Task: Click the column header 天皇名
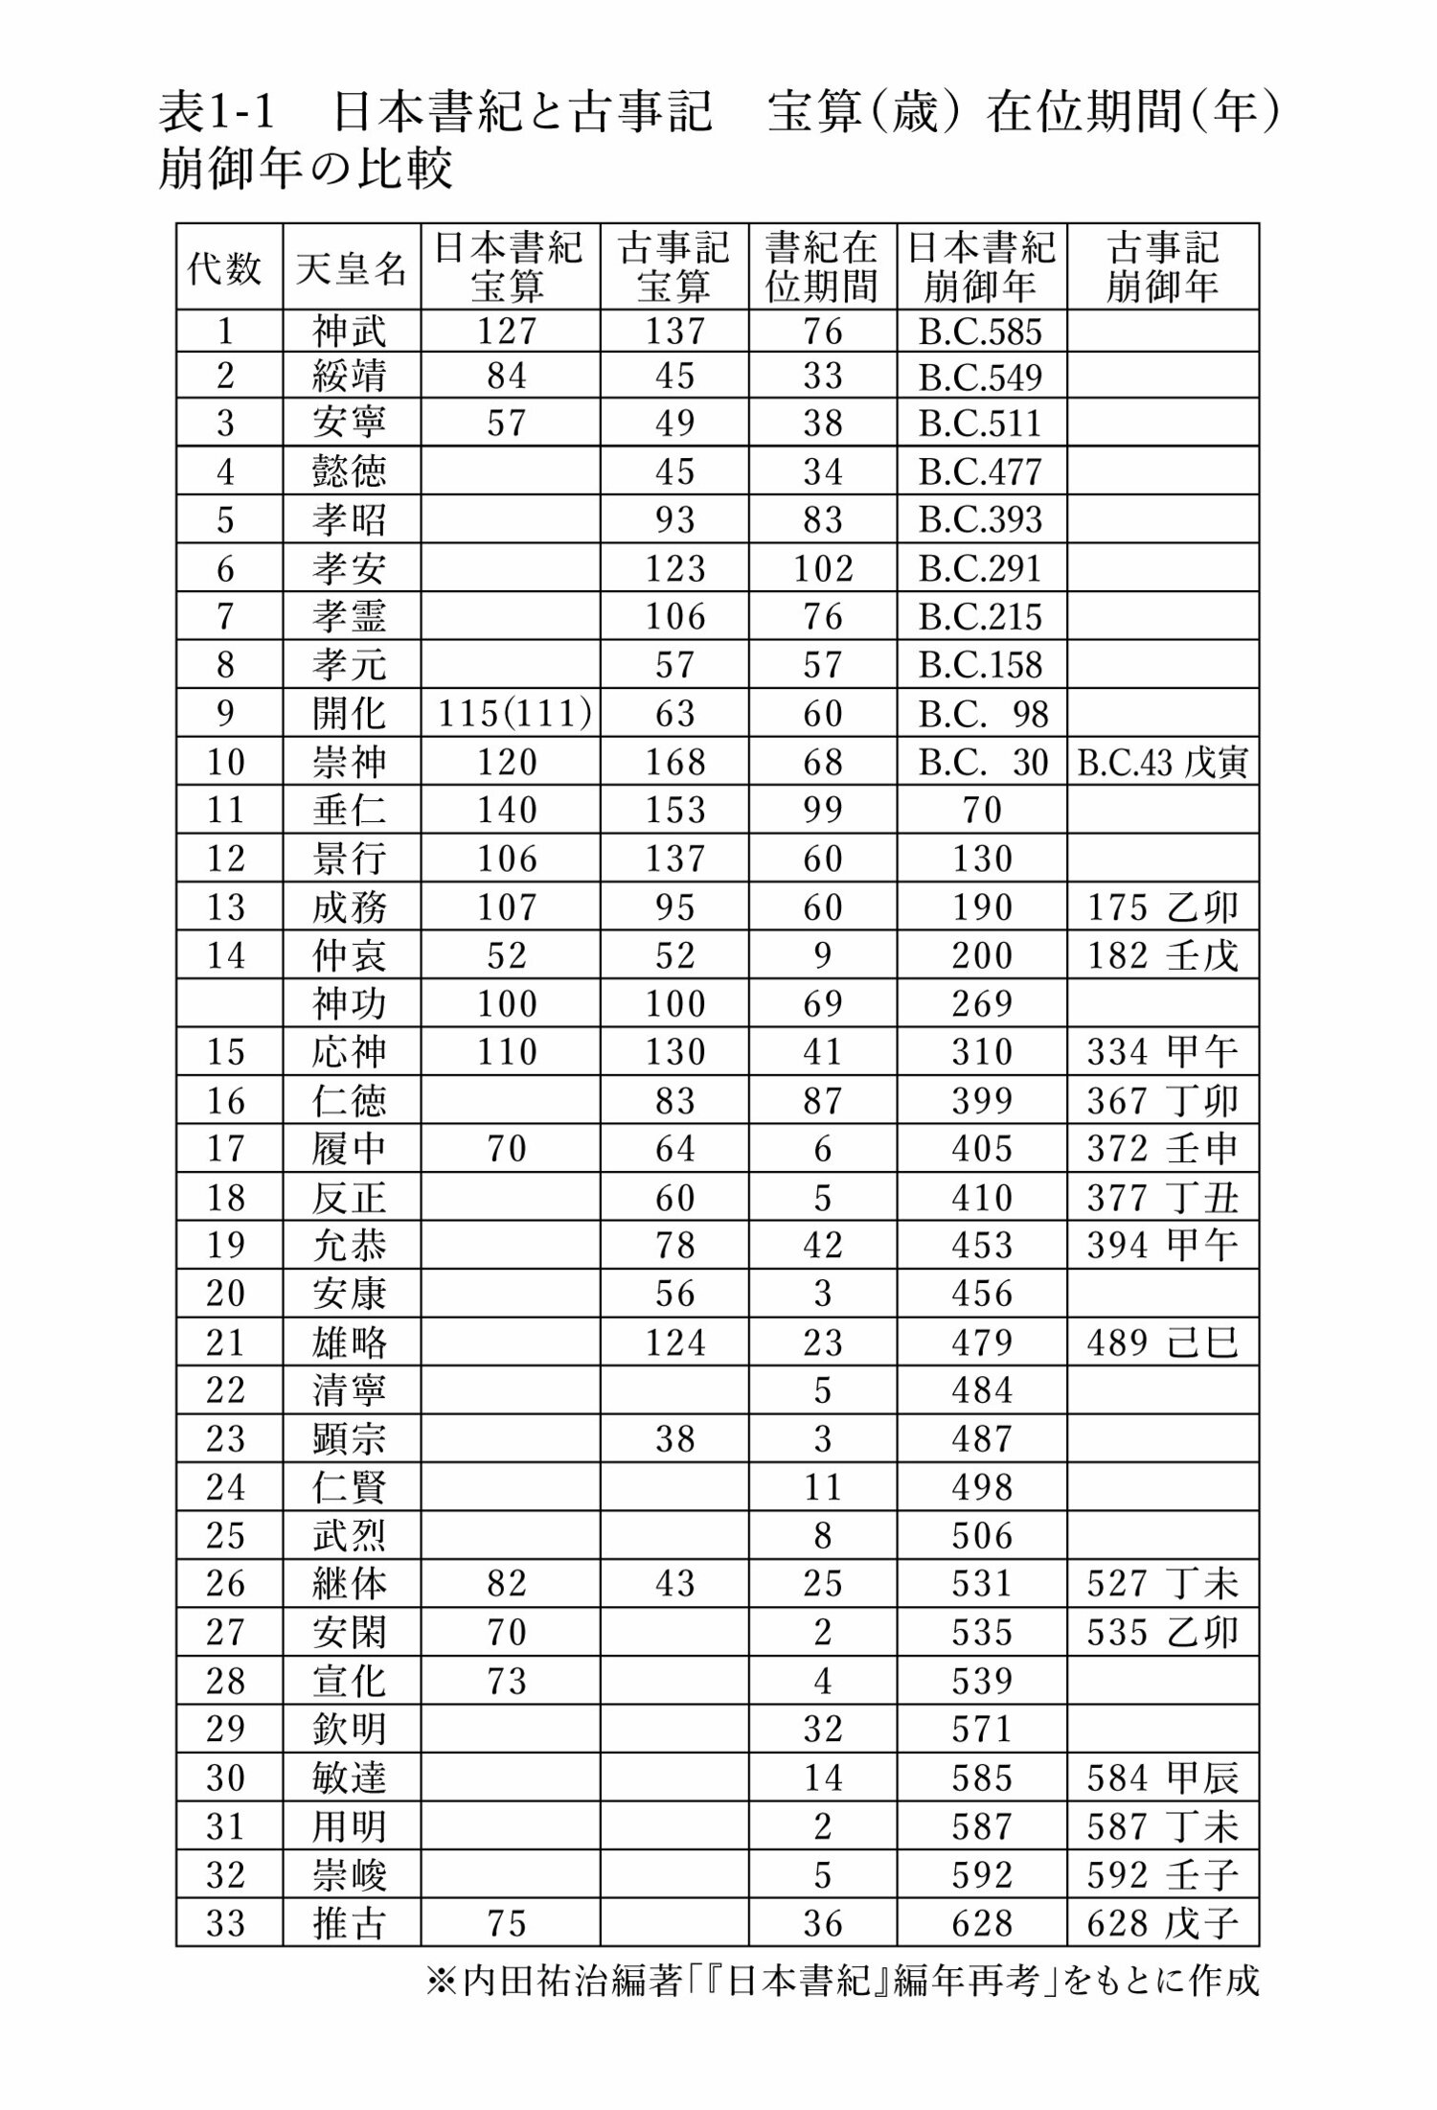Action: pyautogui.click(x=352, y=267)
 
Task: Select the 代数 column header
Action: pyautogui.click(x=225, y=267)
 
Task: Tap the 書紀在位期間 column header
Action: pyautogui.click(x=822, y=267)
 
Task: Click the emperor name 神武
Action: pyautogui.click(x=350, y=332)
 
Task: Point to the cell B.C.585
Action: pyautogui.click(x=980, y=332)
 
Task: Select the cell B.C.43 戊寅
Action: pyautogui.click(x=1162, y=763)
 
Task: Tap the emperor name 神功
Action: pyautogui.click(x=350, y=1004)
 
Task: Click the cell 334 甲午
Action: pyautogui.click(x=1162, y=1052)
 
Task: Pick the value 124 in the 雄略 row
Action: pyautogui.click(x=674, y=1342)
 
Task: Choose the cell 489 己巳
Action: pyautogui.click(x=1162, y=1342)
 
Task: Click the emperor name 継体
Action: pyautogui.click(x=350, y=1584)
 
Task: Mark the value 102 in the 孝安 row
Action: pyautogui.click(x=823, y=569)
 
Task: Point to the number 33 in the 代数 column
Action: pyautogui.click(x=226, y=1922)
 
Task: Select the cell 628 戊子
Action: pyautogui.click(x=1162, y=1922)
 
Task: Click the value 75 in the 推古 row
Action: pyautogui.click(x=507, y=1922)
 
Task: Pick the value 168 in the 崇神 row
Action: pyautogui.click(x=674, y=763)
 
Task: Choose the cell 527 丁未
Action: pyautogui.click(x=1162, y=1584)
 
